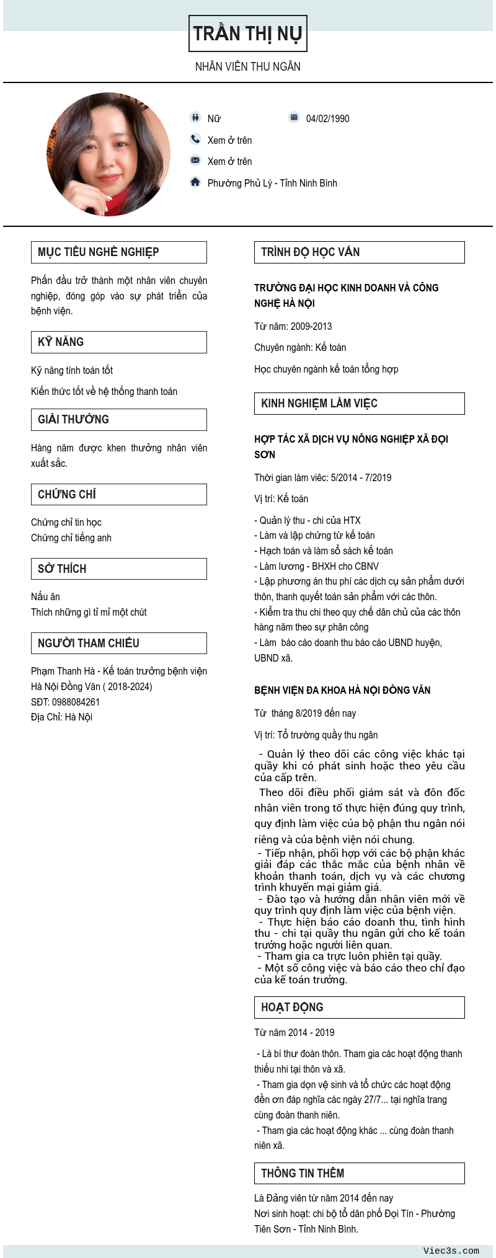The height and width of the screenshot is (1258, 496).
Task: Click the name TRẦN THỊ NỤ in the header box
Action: coord(247,33)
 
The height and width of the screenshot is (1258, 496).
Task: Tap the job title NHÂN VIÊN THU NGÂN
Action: coord(247,66)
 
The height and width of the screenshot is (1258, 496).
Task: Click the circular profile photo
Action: coord(108,154)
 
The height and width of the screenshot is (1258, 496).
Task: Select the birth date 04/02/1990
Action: coord(327,118)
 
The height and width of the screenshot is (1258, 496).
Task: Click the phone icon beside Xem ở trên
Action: coord(195,139)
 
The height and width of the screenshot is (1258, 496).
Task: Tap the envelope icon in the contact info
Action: coord(195,160)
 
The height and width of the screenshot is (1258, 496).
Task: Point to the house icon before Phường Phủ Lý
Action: coord(195,182)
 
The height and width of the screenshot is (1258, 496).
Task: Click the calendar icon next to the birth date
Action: coord(294,117)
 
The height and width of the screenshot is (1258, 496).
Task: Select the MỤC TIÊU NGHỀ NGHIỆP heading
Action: coord(98,252)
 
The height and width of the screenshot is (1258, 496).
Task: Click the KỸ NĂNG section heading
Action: coord(61,342)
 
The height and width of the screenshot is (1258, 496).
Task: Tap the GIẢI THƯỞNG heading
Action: coord(73,420)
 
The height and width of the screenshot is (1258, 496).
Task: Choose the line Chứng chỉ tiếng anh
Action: coord(71,538)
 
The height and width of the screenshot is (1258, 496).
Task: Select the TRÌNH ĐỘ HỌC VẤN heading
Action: coord(310,252)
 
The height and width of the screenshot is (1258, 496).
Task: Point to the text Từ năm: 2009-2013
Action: coord(293,326)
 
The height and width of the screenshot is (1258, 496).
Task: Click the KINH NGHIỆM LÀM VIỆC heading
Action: coord(319,404)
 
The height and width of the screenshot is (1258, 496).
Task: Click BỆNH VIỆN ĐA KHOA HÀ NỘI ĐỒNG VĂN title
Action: coord(342,690)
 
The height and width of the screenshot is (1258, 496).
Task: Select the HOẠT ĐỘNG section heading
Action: coord(292,1008)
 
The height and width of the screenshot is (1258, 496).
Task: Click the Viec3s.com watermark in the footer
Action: coord(451,1251)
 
